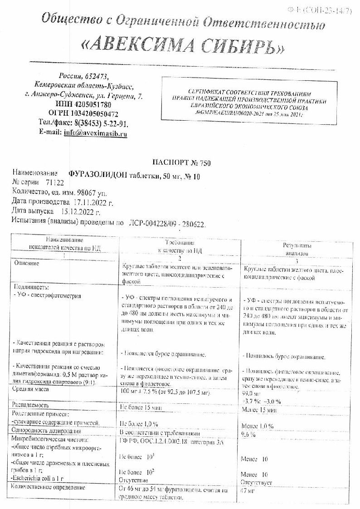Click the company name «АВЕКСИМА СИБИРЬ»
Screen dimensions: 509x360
[x=183, y=45]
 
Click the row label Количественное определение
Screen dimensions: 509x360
[x=49, y=488]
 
